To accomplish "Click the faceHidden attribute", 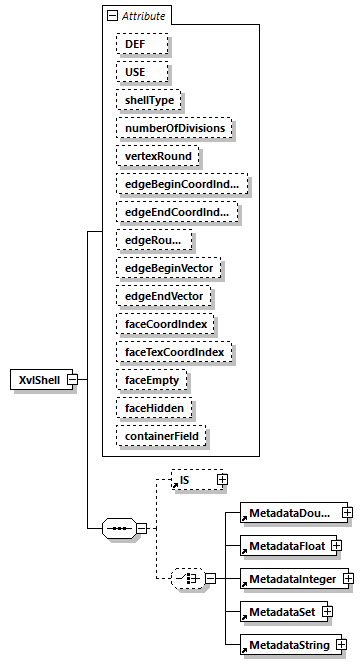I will pos(155,409).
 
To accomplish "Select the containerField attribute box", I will pos(163,437).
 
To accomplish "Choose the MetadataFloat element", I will pos(284,545).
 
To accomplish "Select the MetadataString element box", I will pos(287,646).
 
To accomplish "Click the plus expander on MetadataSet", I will pos(326,612).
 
